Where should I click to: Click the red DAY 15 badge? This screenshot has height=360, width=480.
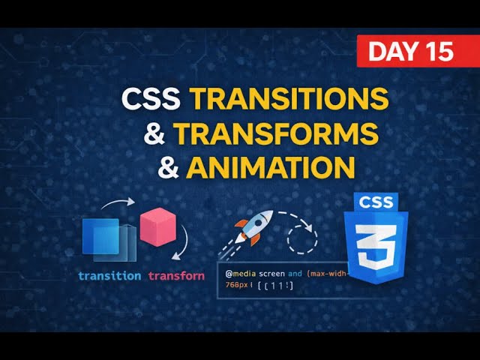tap(412, 51)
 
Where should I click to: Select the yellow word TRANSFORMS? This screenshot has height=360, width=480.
tap(275, 133)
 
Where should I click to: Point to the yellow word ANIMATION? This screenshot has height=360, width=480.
tap(269, 166)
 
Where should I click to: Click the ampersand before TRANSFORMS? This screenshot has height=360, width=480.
tap(154, 133)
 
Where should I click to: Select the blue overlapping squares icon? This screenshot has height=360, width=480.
tap(109, 239)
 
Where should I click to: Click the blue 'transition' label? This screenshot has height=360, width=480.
tap(109, 275)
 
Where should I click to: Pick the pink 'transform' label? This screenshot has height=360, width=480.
tap(176, 275)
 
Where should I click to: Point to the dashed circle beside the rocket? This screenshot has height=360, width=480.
tap(304, 238)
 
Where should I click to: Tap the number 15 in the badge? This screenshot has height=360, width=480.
tap(438, 51)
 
